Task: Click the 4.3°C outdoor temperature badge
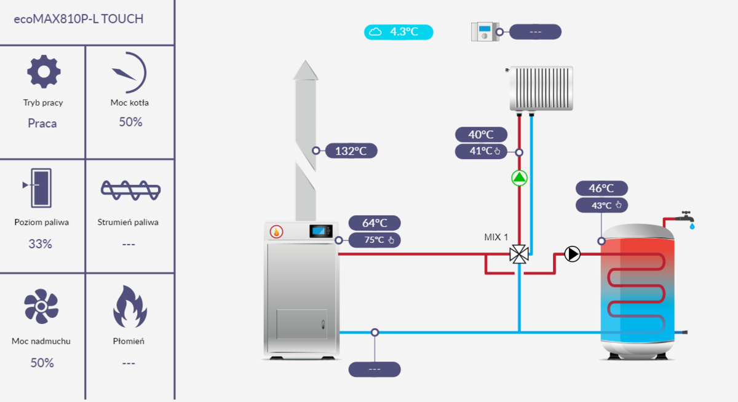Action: click(x=399, y=32)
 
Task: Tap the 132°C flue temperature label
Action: click(x=351, y=151)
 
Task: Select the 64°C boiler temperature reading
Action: click(x=375, y=223)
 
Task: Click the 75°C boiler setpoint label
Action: click(x=375, y=240)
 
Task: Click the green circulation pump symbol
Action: click(x=520, y=178)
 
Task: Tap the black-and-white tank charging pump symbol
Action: click(x=573, y=254)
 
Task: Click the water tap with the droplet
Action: click(x=686, y=219)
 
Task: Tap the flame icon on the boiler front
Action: click(x=277, y=232)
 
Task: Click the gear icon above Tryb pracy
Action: click(x=44, y=71)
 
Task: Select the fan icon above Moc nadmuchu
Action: click(x=41, y=308)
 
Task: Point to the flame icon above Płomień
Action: click(x=129, y=307)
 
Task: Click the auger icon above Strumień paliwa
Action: click(x=131, y=190)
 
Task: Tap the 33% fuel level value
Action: click(x=41, y=244)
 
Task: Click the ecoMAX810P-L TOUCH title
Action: click(x=78, y=19)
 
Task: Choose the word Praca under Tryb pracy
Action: click(x=42, y=124)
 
